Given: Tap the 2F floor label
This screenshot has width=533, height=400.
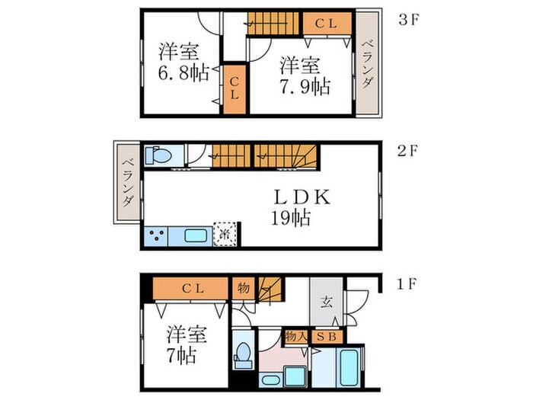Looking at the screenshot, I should [409, 150].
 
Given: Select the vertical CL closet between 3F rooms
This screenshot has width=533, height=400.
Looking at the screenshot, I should [235, 90].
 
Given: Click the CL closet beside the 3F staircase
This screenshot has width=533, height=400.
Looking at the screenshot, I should [327, 24].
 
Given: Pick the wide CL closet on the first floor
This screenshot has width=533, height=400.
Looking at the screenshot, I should [191, 289].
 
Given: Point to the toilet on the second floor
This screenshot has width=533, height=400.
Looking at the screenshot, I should [158, 155].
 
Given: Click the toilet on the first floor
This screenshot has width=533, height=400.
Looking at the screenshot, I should [244, 354].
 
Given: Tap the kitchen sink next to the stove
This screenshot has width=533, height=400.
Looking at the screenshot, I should [195, 235].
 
